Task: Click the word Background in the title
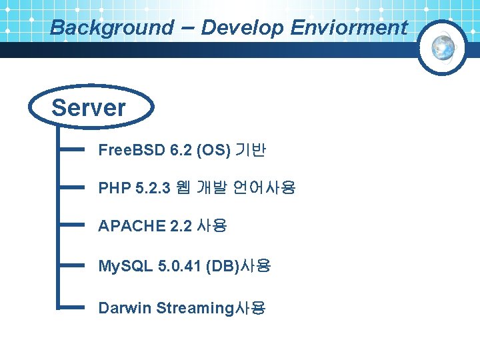click(x=111, y=28)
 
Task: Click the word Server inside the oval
click(x=89, y=108)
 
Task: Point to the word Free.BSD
click(x=131, y=150)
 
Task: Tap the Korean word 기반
click(x=252, y=150)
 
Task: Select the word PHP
click(x=114, y=189)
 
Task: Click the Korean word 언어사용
click(x=264, y=189)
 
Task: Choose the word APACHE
click(x=131, y=227)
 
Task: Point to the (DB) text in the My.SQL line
click(x=222, y=267)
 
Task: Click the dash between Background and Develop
click(x=187, y=27)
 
